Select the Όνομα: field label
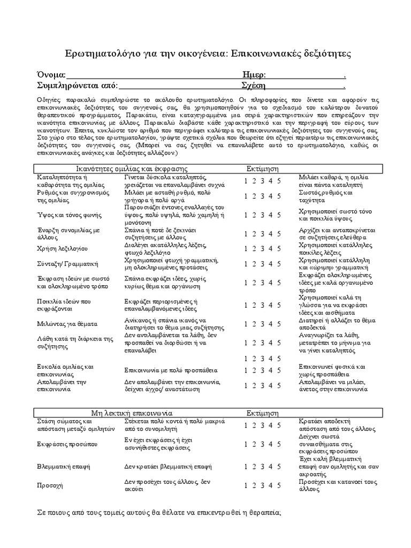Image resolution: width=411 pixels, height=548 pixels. (51, 74)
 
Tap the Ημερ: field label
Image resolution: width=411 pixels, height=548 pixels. (254, 74)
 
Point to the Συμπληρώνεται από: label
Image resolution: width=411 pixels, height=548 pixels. (77, 85)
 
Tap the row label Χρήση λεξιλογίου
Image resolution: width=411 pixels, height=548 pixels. (63, 248)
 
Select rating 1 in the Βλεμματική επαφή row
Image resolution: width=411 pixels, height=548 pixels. (246, 466)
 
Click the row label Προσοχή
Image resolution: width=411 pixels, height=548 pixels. (50, 485)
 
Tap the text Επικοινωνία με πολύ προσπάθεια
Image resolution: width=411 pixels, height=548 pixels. (171, 370)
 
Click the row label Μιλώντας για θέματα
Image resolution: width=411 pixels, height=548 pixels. (67, 324)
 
